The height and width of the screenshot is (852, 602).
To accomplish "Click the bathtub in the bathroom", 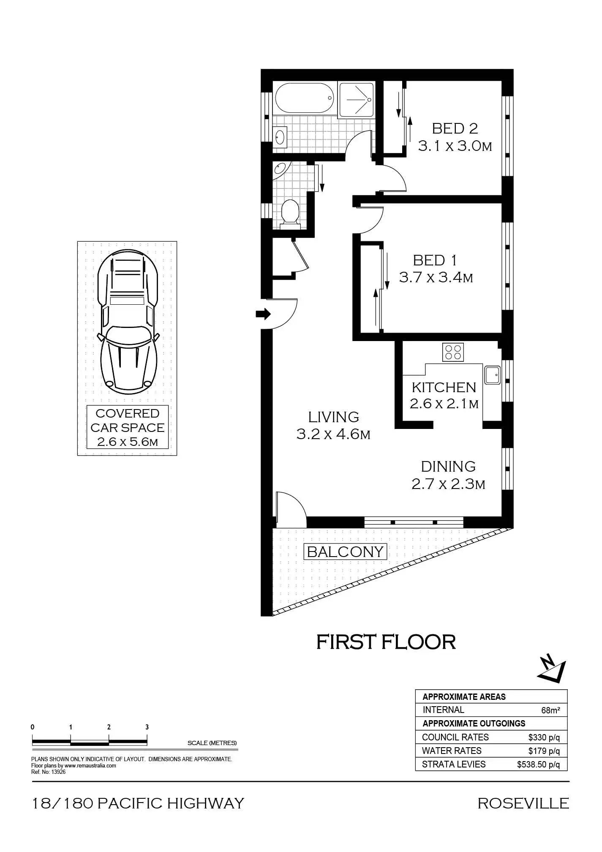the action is tap(304, 98).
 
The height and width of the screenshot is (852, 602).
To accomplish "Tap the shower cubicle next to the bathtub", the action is tap(356, 100).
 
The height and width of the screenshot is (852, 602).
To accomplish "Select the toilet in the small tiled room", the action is tap(290, 213).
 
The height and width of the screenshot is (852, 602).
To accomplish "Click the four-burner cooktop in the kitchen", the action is tap(453, 352).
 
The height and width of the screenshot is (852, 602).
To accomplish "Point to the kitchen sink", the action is tap(492, 375).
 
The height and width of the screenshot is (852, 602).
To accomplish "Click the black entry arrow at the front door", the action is tap(263, 314).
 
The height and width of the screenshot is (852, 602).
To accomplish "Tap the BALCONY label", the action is tap(345, 552).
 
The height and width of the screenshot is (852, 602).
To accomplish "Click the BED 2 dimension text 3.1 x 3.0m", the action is tap(455, 147).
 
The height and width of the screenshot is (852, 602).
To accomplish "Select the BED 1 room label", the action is tap(435, 260).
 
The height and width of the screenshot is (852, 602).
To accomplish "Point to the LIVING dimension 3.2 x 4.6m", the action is tap(333, 434).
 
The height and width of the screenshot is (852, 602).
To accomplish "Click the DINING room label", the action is tap(448, 467).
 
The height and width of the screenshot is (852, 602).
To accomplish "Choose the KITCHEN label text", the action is tap(444, 388).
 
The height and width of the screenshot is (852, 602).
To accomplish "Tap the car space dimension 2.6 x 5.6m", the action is tap(127, 442).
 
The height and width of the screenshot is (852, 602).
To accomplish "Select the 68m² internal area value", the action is tap(550, 710).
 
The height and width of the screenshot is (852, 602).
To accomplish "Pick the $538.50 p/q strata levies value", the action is tap(538, 765).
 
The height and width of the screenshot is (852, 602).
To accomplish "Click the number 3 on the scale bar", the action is tap(147, 727).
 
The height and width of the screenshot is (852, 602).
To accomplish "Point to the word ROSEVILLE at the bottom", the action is tap(523, 803).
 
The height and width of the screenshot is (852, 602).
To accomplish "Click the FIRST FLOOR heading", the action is tap(386, 642).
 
